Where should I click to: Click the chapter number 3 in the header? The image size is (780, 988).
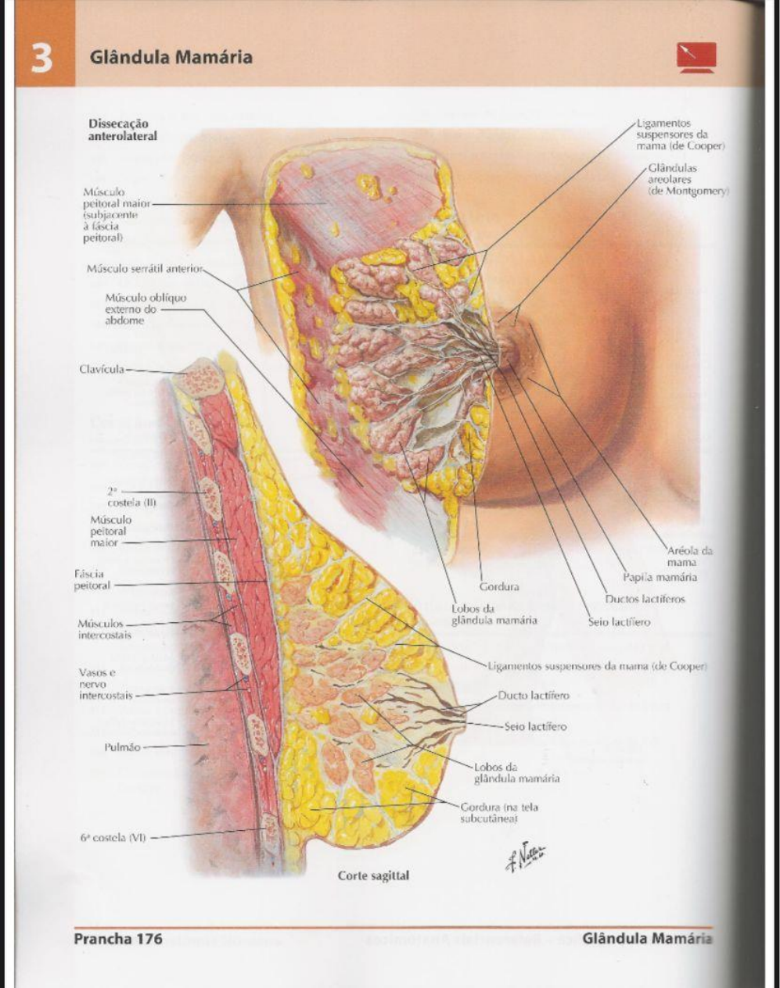pyautogui.click(x=41, y=59)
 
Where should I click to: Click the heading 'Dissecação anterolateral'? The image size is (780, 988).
pyautogui.click(x=123, y=130)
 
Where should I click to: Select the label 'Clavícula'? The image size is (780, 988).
pyautogui.click(x=102, y=369)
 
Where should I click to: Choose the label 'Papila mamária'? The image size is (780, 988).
pyautogui.click(x=660, y=577)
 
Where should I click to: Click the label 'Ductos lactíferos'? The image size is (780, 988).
pyautogui.click(x=645, y=599)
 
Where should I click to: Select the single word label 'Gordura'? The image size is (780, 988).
pyautogui.click(x=499, y=586)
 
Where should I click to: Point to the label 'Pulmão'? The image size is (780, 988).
pyautogui.click(x=122, y=747)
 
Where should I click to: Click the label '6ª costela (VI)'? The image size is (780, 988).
pyautogui.click(x=113, y=836)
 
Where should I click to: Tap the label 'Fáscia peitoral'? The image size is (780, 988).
pyautogui.click(x=92, y=580)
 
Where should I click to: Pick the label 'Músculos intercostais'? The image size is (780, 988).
pyautogui.click(x=104, y=629)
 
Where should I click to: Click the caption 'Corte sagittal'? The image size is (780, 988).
pyautogui.click(x=373, y=875)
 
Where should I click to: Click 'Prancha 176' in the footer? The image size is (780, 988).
pyautogui.click(x=118, y=938)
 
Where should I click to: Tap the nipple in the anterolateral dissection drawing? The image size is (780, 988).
pyautogui.click(x=509, y=353)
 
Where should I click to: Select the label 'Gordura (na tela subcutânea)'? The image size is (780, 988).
pyautogui.click(x=499, y=812)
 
